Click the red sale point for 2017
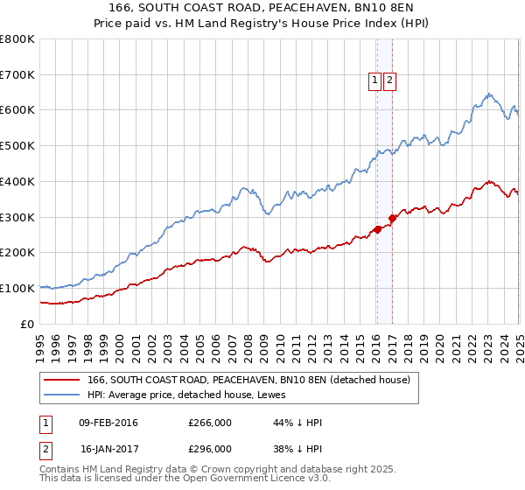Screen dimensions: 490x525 (393, 219)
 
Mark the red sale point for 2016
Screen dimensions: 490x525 (377, 229)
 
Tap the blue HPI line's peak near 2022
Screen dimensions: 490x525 (489, 94)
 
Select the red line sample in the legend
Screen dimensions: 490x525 (61, 380)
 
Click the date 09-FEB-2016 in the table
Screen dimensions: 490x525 (108, 423)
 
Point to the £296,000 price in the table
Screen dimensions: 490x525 (210, 448)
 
